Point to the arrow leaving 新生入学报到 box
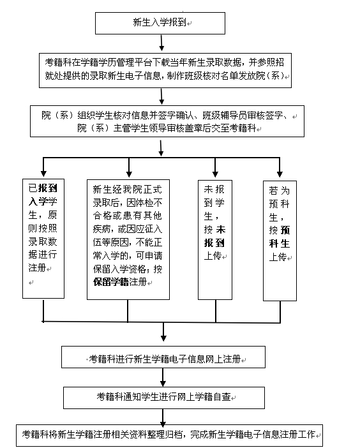tap(161, 43)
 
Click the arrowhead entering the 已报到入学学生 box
tap(43, 174)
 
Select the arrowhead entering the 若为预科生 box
tap(280, 174)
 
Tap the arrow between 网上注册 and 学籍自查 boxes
tap(163, 377)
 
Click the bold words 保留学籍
tap(111, 282)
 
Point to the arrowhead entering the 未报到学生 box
tap(215, 174)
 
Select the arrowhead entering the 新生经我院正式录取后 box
tap(129, 174)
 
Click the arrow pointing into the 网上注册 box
tap(163, 332)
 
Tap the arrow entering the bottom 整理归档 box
tap(163, 417)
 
